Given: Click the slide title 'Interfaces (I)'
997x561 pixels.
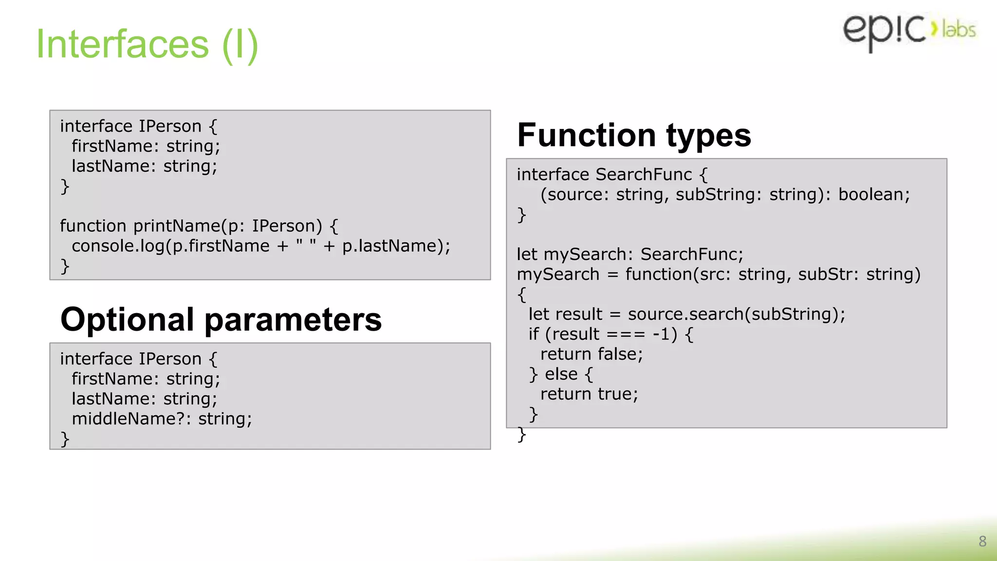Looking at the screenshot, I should click(x=147, y=44).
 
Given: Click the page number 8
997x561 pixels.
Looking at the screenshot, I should click(x=982, y=541).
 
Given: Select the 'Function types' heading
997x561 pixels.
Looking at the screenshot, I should click(x=634, y=135).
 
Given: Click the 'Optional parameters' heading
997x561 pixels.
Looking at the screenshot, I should click(x=221, y=319).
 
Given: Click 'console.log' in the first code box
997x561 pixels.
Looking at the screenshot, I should click(x=118, y=246).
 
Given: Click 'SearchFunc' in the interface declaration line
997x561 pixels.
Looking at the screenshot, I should click(x=644, y=174).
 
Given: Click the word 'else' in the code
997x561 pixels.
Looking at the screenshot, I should click(x=561, y=374).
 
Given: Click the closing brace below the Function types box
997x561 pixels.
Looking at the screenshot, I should click(x=521, y=434).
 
